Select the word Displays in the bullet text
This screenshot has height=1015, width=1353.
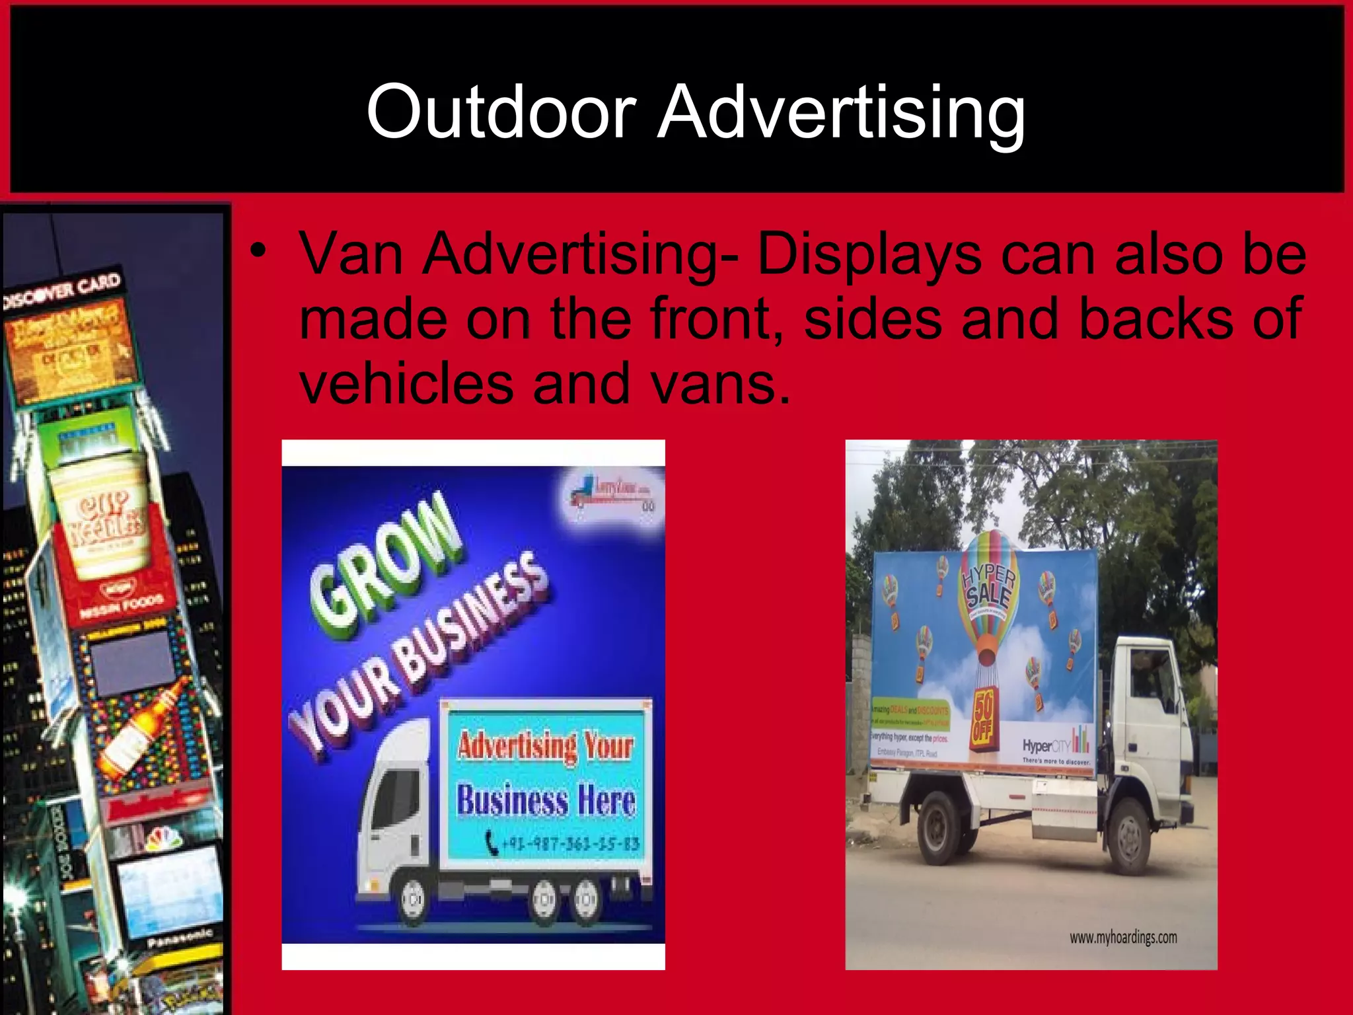868,255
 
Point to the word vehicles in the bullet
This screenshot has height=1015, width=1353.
406,384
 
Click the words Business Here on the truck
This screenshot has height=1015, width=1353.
546,800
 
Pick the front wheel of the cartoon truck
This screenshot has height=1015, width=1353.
413,900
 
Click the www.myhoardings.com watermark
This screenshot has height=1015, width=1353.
1123,937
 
